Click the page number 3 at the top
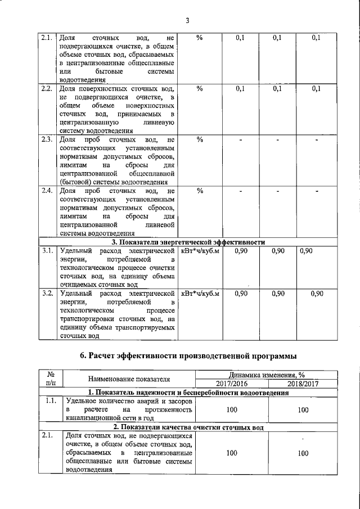click(x=187, y=21)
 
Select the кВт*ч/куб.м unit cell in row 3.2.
click(x=200, y=293)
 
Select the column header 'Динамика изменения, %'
click(x=267, y=375)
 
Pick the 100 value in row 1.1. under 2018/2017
click(x=303, y=411)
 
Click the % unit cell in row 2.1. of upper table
click(x=200, y=38)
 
